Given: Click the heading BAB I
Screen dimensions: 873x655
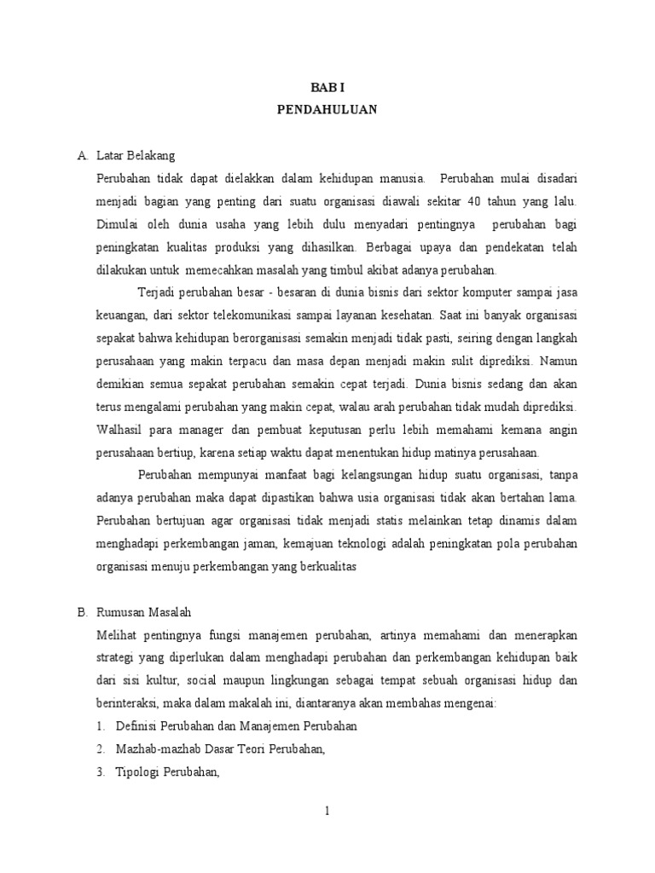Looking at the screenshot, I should (x=327, y=87).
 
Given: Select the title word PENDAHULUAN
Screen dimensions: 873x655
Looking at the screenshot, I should (x=327, y=109).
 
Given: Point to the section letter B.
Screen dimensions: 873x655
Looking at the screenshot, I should (x=82, y=612).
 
